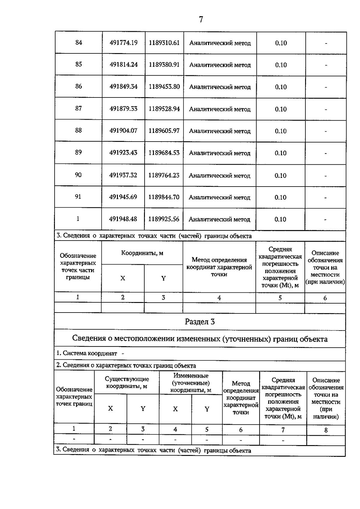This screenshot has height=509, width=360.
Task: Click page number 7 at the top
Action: coord(201,19)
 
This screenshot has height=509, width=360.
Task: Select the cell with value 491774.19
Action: coord(123,43)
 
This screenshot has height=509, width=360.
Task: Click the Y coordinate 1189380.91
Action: coord(164,64)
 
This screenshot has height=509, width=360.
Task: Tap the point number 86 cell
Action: coord(78,86)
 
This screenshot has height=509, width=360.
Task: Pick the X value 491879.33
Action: coord(123,109)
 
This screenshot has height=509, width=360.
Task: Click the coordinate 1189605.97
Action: coord(164,131)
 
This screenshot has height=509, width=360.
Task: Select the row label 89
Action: coord(78,152)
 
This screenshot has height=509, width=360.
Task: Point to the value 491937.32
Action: coord(123,175)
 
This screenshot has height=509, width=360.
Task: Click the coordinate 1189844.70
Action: coord(164,197)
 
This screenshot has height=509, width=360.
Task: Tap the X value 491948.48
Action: coord(123,219)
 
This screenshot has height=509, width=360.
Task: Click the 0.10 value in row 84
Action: coord(281,43)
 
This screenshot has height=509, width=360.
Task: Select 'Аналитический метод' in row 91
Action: coord(219,198)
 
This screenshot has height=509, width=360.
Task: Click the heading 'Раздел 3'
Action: coord(200,322)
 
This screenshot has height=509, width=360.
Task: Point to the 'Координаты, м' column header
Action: coord(142,253)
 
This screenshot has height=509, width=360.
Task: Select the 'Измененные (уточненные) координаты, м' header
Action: coord(191,383)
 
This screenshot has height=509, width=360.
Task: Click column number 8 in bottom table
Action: coord(326,430)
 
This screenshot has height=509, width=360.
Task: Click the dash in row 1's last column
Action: coord(325,220)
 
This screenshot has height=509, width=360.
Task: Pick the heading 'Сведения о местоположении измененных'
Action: coord(200,339)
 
